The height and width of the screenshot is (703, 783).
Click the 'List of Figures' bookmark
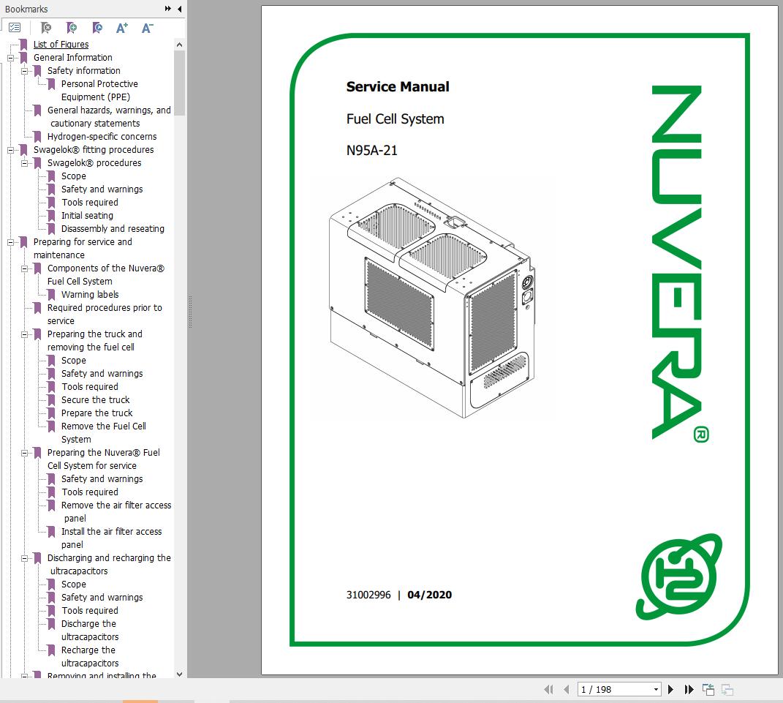[61, 45]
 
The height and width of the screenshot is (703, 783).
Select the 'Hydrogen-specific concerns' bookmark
[102, 137]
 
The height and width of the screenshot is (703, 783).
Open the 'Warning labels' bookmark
[90, 295]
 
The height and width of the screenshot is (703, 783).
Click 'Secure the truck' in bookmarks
[95, 400]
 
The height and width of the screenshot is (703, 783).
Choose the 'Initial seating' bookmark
[87, 216]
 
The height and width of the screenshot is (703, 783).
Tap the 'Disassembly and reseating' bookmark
[113, 229]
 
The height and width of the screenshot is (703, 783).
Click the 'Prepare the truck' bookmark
[97, 413]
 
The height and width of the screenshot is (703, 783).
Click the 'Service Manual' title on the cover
[398, 87]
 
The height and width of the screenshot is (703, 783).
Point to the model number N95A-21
[371, 151]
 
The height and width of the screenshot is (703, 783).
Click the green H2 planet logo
[681, 575]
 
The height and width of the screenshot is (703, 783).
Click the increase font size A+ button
[122, 28]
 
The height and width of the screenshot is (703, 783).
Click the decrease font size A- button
[147, 28]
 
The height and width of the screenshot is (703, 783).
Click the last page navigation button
[689, 689]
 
